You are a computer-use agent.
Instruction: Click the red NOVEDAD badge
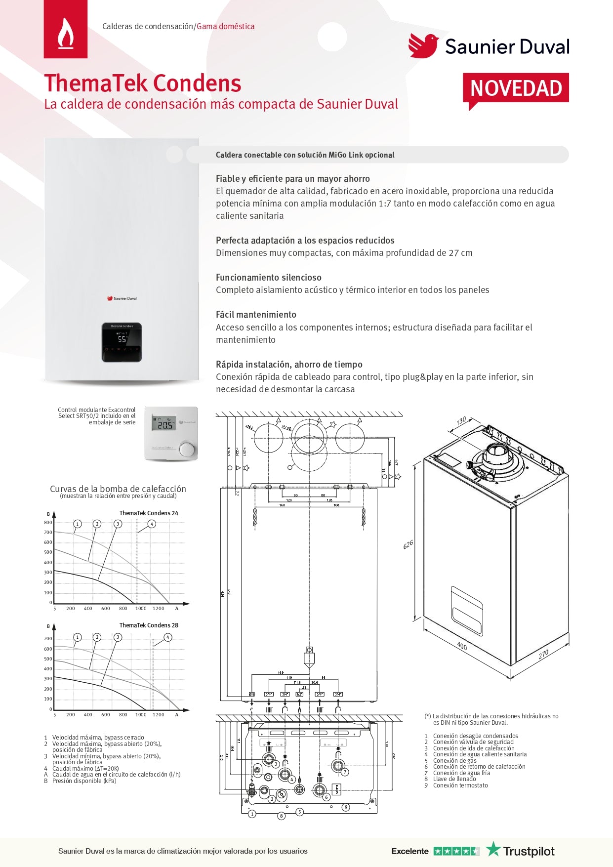516,88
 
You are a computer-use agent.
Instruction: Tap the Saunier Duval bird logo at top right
423,46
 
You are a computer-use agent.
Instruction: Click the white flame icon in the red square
66,33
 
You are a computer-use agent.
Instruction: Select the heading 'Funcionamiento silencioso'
268,278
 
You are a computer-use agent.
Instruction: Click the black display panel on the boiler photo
122,342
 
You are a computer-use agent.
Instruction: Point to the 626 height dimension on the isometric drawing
408,545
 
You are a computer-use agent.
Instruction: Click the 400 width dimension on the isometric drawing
462,646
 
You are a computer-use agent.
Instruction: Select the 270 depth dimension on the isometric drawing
543,654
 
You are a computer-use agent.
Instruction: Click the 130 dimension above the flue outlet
461,421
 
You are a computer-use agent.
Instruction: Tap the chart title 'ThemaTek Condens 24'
149,513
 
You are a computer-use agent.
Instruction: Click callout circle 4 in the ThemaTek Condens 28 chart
168,637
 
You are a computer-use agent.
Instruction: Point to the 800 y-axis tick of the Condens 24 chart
48,523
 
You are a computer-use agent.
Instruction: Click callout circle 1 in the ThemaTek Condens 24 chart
77,524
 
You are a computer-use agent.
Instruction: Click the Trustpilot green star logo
493,849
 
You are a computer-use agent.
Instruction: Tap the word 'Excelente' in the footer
410,851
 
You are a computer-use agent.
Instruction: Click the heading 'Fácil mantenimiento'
256,315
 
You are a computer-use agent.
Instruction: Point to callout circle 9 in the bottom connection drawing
346,807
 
